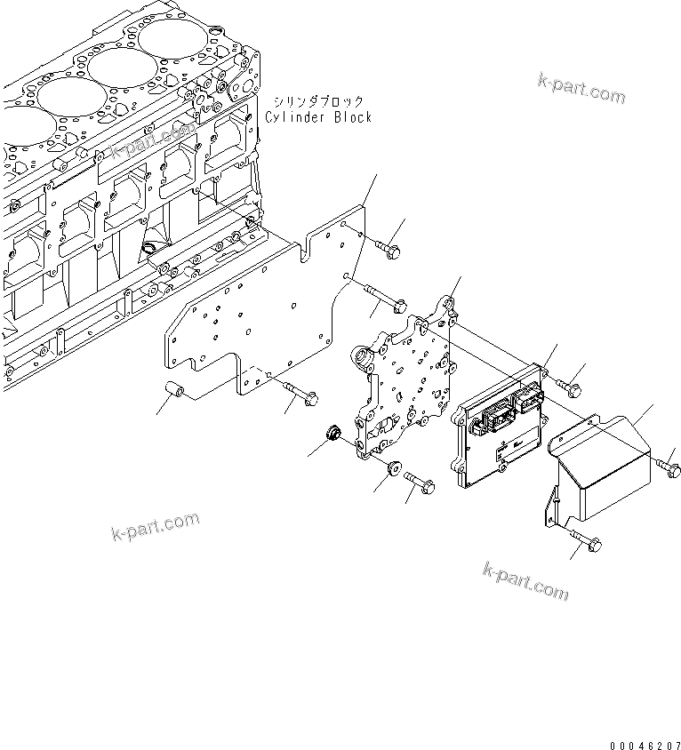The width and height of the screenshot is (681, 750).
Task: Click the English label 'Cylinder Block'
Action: [x=318, y=117]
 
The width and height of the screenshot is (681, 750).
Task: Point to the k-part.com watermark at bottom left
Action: [x=156, y=527]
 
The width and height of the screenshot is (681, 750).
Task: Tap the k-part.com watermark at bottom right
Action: [x=525, y=580]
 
